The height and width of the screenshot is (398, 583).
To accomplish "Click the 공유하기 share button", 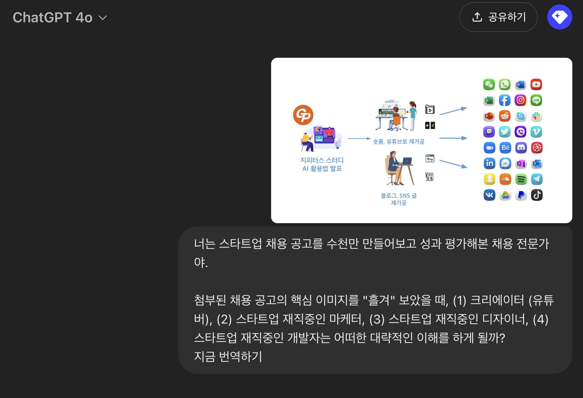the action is point(498,17).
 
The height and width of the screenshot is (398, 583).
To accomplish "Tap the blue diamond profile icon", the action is point(560,17).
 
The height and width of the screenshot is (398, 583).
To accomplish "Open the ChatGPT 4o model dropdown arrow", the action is point(103,18).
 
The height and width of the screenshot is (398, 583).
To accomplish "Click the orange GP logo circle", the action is point(303,115).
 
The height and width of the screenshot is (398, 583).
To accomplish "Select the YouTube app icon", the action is point(536,84).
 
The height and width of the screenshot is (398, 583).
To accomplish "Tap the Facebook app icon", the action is point(505,100).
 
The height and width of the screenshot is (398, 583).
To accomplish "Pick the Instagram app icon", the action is point(520,100).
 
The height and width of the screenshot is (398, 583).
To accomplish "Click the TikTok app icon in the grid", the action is point(537,195).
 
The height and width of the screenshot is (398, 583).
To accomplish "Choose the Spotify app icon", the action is point(521,180).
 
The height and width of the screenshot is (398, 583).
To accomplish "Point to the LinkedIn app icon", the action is point(489,164).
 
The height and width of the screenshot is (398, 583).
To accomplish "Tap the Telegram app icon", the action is point(537,180).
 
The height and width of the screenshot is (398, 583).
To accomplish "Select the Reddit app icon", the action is point(505,116).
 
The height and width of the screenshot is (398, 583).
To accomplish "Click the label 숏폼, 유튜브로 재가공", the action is point(398,142).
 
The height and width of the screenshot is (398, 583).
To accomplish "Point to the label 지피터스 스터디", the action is point(322,160).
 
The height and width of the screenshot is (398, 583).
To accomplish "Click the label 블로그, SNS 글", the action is point(398,196).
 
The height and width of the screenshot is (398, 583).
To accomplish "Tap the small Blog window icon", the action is point(430,159).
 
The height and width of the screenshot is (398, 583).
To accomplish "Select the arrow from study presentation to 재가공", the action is point(359,138).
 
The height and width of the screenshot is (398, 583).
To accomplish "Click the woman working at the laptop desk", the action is point(399,168).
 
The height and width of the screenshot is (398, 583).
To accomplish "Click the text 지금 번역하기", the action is point(228,357).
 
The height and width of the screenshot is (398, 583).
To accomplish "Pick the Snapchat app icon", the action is point(489,180).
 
